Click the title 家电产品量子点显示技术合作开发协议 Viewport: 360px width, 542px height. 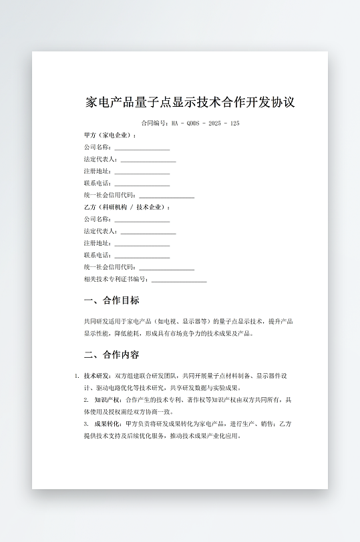point(190,103)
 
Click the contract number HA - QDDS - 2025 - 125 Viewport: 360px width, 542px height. point(205,123)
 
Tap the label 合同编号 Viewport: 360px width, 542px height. point(154,123)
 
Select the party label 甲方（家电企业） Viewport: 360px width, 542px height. point(110,135)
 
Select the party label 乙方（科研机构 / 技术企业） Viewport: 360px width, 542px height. point(127,207)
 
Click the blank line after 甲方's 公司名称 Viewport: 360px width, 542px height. point(142,148)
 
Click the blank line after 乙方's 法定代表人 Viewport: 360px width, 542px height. point(148,232)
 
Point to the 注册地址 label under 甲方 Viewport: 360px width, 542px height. point(97,171)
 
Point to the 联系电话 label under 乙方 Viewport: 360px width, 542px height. point(97,255)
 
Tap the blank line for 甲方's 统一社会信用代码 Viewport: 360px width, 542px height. point(166,196)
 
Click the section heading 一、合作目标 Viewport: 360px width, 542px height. point(112,300)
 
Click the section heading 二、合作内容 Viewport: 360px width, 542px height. point(112,354)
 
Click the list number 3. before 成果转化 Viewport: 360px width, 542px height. point(86,424)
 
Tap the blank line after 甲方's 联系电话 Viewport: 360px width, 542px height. point(142,184)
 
